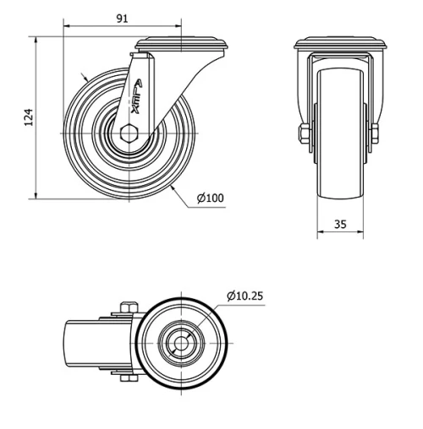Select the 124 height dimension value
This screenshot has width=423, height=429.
point(28,117)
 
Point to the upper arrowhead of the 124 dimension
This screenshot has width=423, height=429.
point(36,41)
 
